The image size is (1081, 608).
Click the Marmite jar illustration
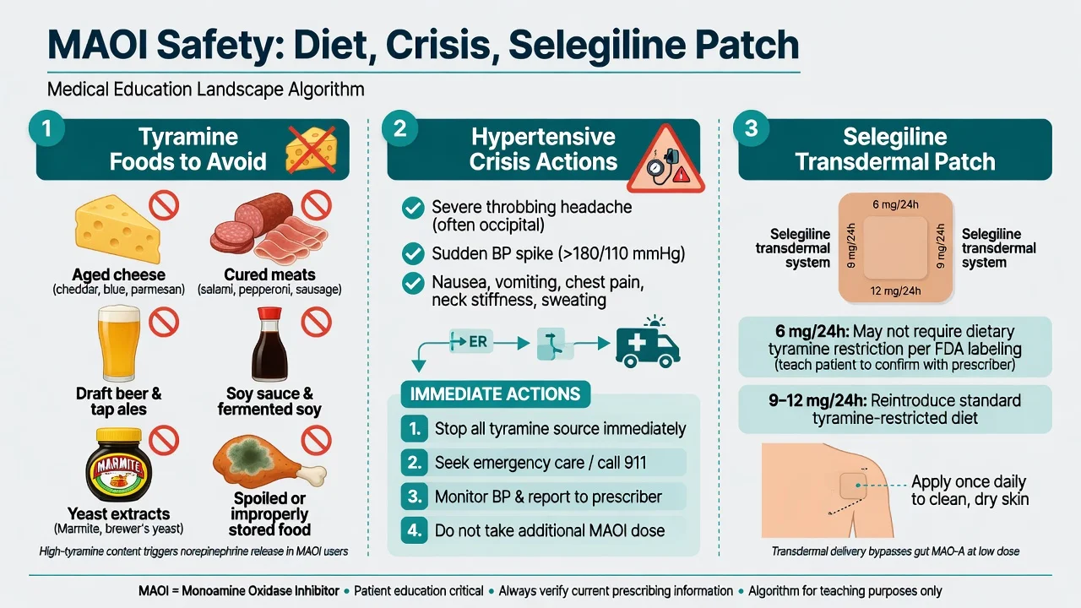pyautogui.click(x=118, y=464)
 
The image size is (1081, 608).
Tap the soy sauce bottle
pyautogui.click(x=269, y=345)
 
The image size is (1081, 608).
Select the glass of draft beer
pyautogui.click(x=119, y=344)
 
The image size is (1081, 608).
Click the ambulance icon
pyautogui.click(x=648, y=343)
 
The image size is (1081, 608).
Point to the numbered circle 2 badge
pyautogui.click(x=399, y=128)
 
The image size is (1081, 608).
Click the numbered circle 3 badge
pyautogui.click(x=751, y=128)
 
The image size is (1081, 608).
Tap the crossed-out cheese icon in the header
pyautogui.click(x=312, y=149)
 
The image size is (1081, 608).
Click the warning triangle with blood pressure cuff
pyautogui.click(x=666, y=159)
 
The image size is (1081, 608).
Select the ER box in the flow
pyautogui.click(x=471, y=342)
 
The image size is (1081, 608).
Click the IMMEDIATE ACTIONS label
pyautogui.click(x=495, y=394)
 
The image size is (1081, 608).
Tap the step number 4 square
pyautogui.click(x=414, y=530)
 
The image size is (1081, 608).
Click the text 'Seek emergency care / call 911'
pyautogui.click(x=540, y=463)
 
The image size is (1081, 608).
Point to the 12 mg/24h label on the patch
pyautogui.click(x=896, y=291)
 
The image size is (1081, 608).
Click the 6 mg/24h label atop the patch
pyautogui.click(x=896, y=204)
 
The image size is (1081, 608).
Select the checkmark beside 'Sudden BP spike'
pyautogui.click(x=413, y=253)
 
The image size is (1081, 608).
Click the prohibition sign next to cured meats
pyautogui.click(x=317, y=205)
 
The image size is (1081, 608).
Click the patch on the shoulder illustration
pyautogui.click(x=853, y=486)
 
